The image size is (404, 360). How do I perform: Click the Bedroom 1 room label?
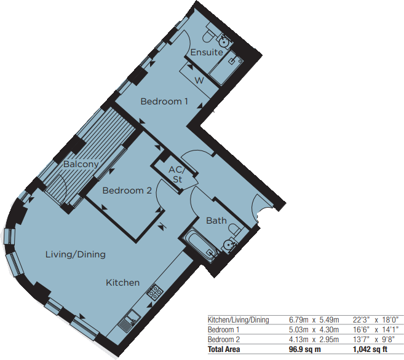point(164,101)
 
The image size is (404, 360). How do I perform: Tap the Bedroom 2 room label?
point(127,190)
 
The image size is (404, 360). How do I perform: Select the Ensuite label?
point(206,52)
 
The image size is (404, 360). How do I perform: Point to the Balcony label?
point(81,164)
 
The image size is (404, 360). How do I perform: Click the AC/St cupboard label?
point(176,175)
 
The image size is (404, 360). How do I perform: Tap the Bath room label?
point(216,221)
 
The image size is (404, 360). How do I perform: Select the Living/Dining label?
point(76,254)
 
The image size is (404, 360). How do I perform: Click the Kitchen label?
point(123,283)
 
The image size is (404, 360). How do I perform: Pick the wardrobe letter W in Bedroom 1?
point(199,80)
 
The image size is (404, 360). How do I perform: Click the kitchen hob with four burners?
point(153,292)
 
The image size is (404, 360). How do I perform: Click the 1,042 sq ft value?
point(371,350)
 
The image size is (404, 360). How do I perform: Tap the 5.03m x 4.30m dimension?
point(313,329)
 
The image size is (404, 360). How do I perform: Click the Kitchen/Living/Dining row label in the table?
point(238,319)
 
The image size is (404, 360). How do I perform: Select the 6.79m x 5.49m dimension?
point(313,319)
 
